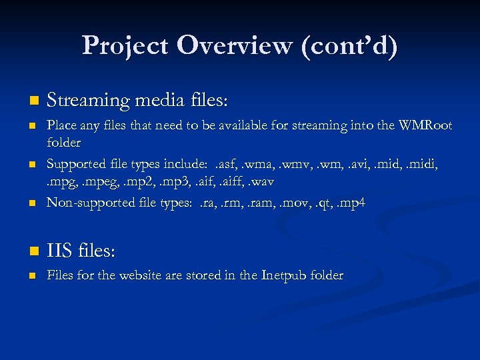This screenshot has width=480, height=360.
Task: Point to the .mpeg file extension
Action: pos(95,181)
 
